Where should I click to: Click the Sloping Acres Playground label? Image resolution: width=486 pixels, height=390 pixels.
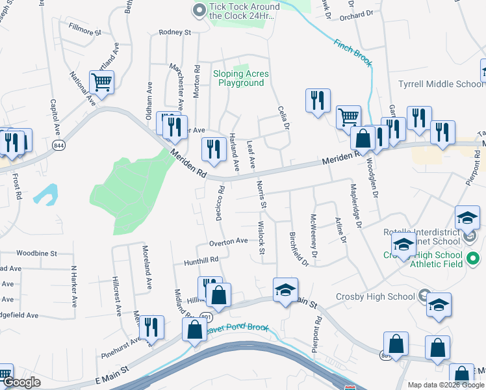pos(241,79)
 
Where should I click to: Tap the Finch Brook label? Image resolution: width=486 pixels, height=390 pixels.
pos(352,53)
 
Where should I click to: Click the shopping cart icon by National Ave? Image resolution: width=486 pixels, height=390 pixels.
pos(102,82)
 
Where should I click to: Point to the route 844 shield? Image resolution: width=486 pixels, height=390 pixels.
pos(59,144)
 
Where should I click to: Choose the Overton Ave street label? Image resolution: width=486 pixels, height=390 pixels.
pos(229,241)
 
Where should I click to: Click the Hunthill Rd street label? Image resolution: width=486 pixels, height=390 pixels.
pos(200,259)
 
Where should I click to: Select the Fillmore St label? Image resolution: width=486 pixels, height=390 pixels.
pos(85,31)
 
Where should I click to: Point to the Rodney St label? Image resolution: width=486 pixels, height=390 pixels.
pos(175,32)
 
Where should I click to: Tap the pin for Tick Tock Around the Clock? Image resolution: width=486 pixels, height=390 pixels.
pos(199,9)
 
